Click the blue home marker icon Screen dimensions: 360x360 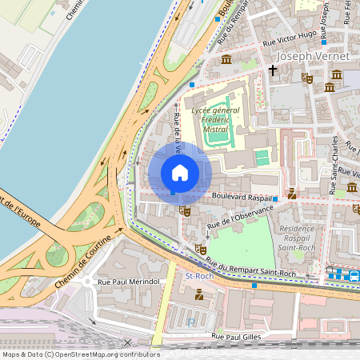[180, 173]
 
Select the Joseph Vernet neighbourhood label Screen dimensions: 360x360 [313, 57]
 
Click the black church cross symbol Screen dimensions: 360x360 [272, 70]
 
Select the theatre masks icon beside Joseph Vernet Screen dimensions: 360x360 [306, 78]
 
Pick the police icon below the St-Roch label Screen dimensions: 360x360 [198, 295]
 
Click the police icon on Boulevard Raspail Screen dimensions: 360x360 [292, 193]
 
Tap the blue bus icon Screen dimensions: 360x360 [353, 275]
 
